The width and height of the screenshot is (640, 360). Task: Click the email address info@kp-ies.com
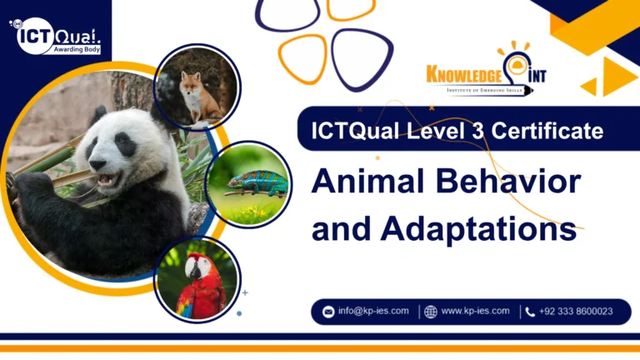(372, 312)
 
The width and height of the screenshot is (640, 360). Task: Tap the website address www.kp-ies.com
(474, 312)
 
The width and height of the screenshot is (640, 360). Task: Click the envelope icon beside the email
(328, 312)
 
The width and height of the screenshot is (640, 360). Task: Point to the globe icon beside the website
(430, 312)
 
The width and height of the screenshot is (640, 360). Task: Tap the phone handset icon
(530, 312)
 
